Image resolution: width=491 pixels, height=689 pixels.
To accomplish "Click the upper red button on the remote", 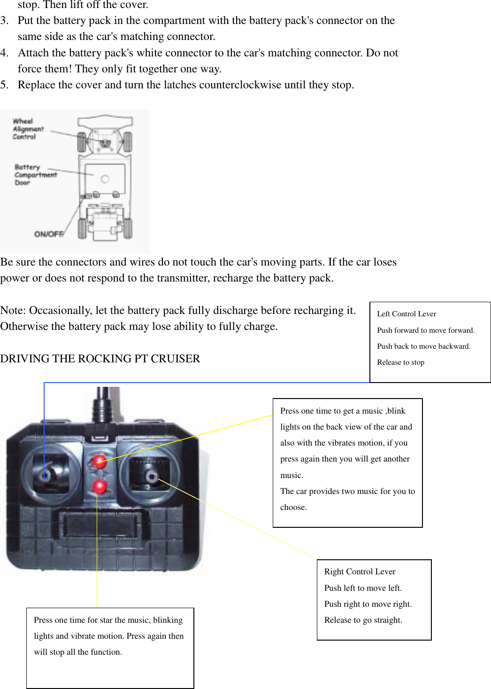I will [x=99, y=461].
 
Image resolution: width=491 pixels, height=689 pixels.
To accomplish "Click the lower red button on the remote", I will [x=100, y=486].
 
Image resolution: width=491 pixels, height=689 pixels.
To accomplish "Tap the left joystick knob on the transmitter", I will [x=46, y=475].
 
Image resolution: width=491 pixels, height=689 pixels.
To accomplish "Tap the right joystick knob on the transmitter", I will [x=151, y=477].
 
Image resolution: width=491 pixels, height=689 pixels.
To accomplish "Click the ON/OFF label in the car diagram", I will [x=49, y=234].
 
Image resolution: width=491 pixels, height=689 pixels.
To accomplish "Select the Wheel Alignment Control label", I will [x=28, y=129].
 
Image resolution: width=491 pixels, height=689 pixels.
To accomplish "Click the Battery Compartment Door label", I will [x=35, y=174].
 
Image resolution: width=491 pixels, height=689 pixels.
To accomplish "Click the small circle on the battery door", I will [x=105, y=179].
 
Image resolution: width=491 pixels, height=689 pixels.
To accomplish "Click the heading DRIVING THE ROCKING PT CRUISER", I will [x=100, y=359].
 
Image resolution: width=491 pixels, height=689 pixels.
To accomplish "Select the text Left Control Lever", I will [x=407, y=314].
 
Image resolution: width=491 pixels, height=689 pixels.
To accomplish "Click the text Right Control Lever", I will [x=360, y=572].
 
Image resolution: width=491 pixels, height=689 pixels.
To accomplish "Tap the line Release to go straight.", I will [x=363, y=620].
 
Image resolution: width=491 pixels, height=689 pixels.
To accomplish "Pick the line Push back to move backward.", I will [x=423, y=346].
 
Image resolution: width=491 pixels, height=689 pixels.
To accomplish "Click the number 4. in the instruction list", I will [x=5, y=53].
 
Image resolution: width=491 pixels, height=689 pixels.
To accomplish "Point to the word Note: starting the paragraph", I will [x=13, y=311].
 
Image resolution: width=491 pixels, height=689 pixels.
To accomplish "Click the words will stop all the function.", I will [x=78, y=652].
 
